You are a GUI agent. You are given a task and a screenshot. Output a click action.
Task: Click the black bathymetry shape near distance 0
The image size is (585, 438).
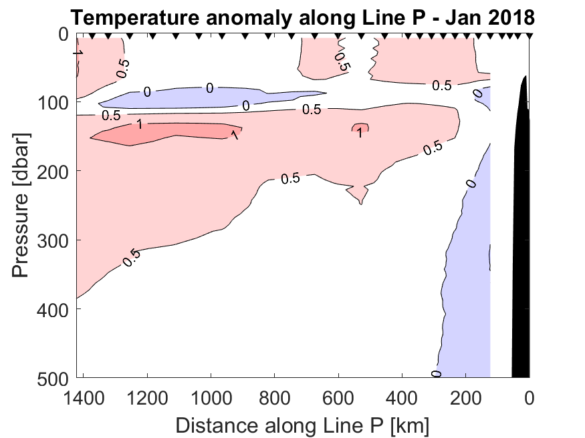[x=521, y=234]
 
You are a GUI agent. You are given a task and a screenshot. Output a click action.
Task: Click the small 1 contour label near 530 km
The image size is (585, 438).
[x=360, y=133]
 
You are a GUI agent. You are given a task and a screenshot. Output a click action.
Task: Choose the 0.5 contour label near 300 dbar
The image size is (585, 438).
[x=130, y=258]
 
